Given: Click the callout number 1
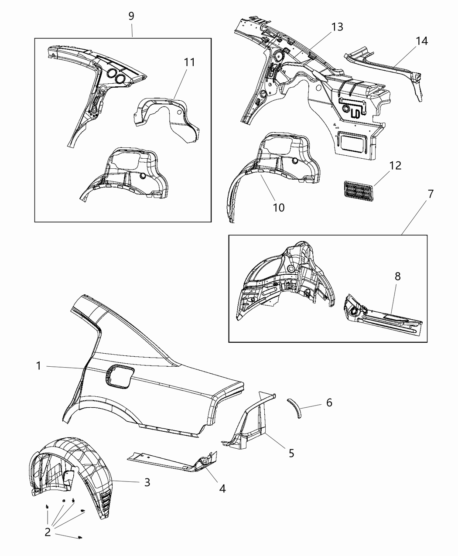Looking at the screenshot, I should click(38, 366).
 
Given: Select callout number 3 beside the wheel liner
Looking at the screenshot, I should click(147, 482).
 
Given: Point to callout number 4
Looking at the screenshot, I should click(222, 489).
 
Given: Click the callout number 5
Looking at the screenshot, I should click(291, 453).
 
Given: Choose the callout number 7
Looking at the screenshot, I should click(430, 194).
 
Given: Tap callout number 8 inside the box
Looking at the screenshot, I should click(397, 276).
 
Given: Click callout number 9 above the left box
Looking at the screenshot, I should click(131, 16).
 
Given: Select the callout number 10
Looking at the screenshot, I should click(278, 208).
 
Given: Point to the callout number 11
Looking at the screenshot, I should click(189, 62).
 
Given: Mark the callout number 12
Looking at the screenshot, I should click(395, 166).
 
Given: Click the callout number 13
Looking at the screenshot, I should click(337, 27).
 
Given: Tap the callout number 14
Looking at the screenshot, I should click(421, 41).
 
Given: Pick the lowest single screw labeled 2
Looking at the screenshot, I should click(80, 538).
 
